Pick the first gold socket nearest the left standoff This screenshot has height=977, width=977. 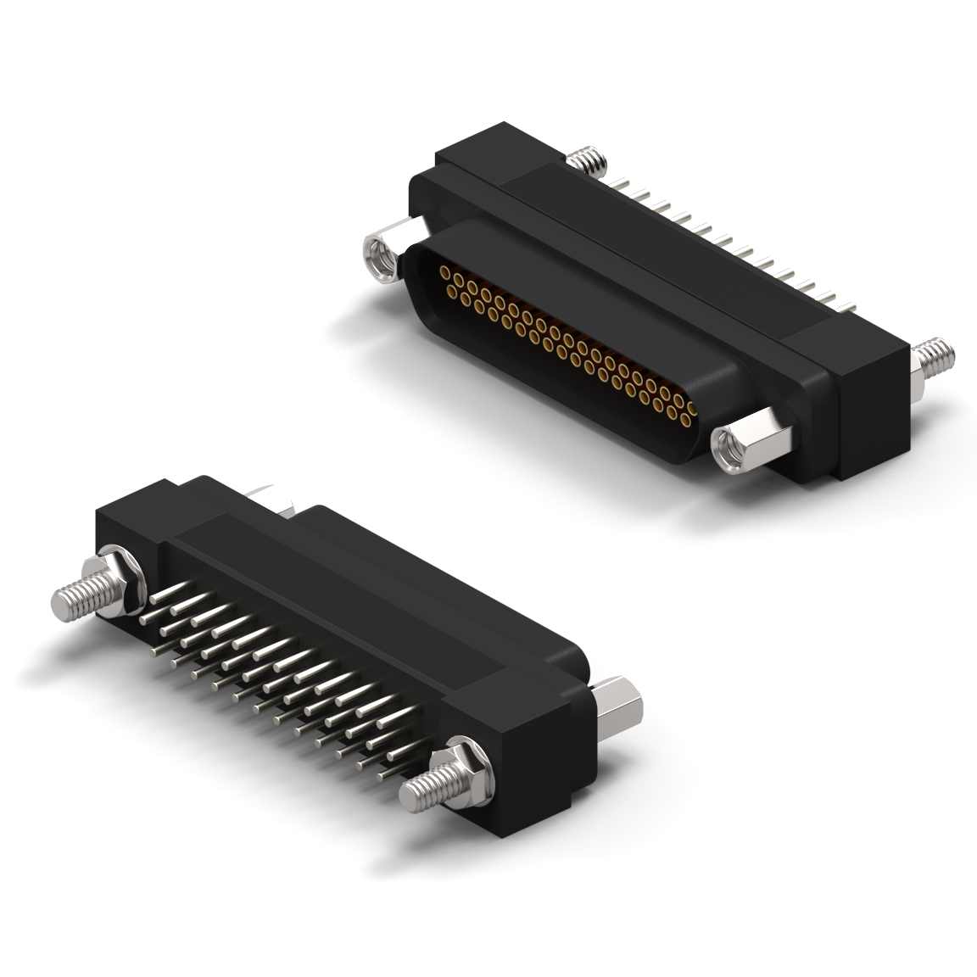[x=444, y=272]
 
